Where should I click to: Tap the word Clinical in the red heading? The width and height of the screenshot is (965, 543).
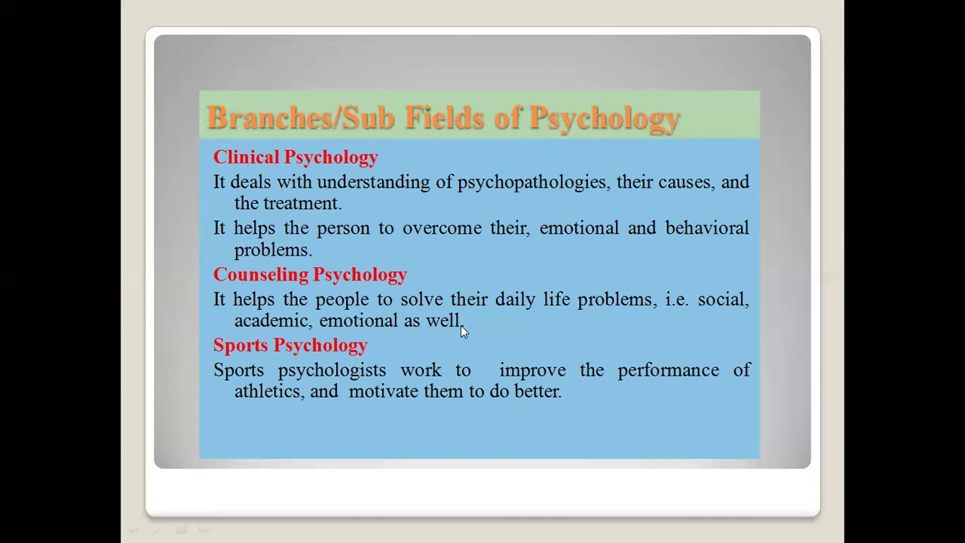(x=247, y=157)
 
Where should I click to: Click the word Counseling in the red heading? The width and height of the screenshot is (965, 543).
(x=260, y=275)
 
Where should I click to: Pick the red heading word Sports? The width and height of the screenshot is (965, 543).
(x=240, y=345)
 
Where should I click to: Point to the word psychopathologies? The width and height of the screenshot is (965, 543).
(x=532, y=183)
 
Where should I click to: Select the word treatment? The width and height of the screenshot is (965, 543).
(x=302, y=204)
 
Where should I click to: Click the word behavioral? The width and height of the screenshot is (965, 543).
(x=706, y=229)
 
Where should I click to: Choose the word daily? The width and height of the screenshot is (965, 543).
(x=515, y=299)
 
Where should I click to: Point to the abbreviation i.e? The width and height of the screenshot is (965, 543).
(x=676, y=299)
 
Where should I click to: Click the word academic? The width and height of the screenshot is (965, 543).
(x=272, y=321)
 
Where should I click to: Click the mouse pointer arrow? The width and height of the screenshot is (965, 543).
(x=464, y=332)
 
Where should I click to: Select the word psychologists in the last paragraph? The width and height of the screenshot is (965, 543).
(x=332, y=370)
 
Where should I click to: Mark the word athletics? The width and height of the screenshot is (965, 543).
(x=269, y=391)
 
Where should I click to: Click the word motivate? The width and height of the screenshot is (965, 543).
(x=383, y=391)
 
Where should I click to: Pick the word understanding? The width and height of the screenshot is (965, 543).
(x=372, y=183)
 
